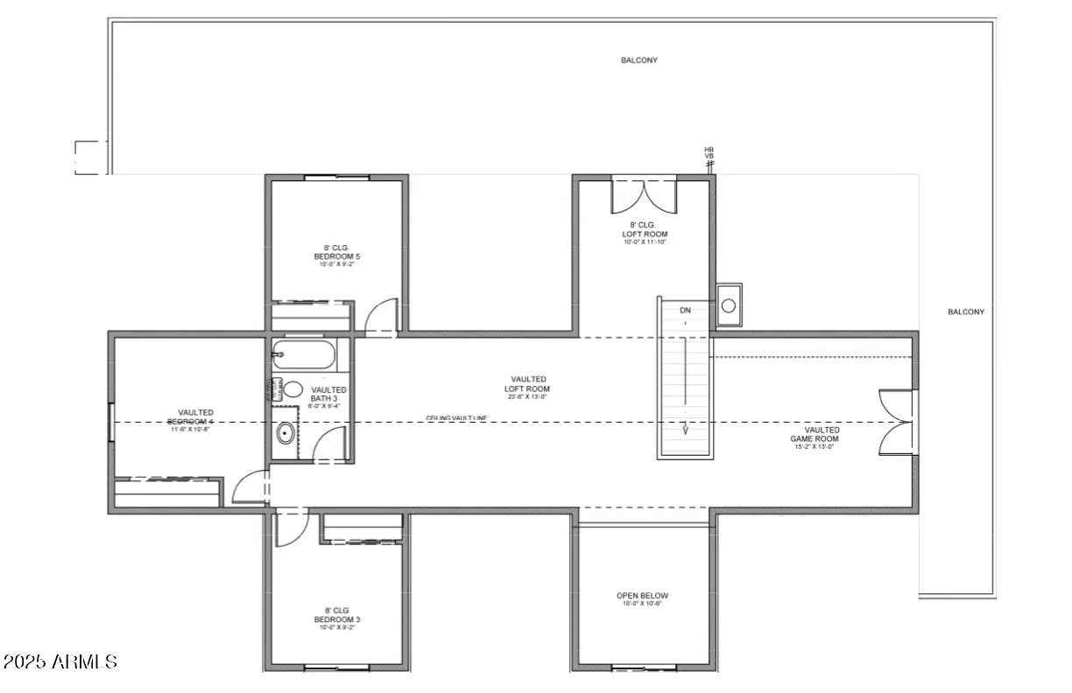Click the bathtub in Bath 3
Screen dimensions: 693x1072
[302, 356]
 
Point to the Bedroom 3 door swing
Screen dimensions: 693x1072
[290, 528]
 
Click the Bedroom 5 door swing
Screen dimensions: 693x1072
[382, 317]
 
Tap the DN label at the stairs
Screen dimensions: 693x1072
[685, 311]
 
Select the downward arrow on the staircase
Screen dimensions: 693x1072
[685, 429]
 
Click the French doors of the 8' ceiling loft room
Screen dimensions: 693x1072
[644, 196]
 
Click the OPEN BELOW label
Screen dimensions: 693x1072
[642, 599]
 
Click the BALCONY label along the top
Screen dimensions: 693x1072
[639, 60]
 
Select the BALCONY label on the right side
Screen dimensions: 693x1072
[966, 311]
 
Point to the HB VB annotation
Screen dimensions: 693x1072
[709, 153]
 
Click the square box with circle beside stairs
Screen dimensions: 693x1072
[729, 304]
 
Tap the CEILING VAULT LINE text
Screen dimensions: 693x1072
[456, 418]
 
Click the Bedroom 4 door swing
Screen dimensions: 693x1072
[251, 487]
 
